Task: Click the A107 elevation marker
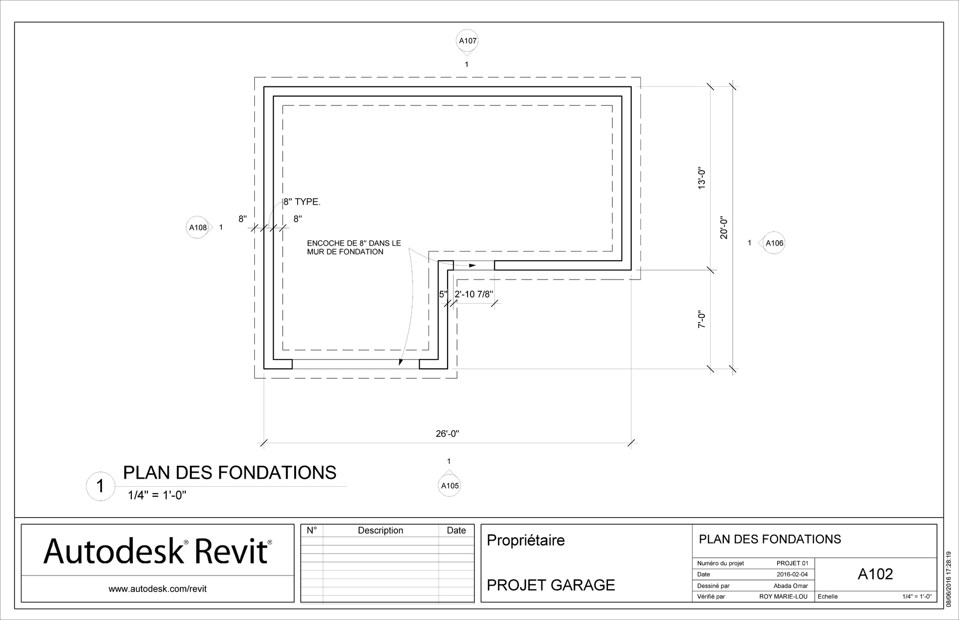(x=468, y=41)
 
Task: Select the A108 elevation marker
(x=197, y=228)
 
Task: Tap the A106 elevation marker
(x=774, y=243)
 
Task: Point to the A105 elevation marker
(x=450, y=486)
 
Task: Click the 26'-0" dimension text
(x=447, y=434)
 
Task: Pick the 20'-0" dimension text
(x=724, y=228)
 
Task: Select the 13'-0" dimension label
(x=702, y=178)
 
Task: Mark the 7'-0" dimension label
(x=702, y=319)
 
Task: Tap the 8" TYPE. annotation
(x=302, y=202)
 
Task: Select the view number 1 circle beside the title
(x=100, y=486)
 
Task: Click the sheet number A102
(x=875, y=574)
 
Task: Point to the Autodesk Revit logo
(x=157, y=552)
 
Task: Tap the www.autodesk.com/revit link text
(x=157, y=589)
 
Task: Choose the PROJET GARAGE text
(x=550, y=585)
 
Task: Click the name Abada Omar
(x=790, y=586)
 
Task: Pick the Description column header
(x=380, y=531)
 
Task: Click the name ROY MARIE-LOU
(x=783, y=597)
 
